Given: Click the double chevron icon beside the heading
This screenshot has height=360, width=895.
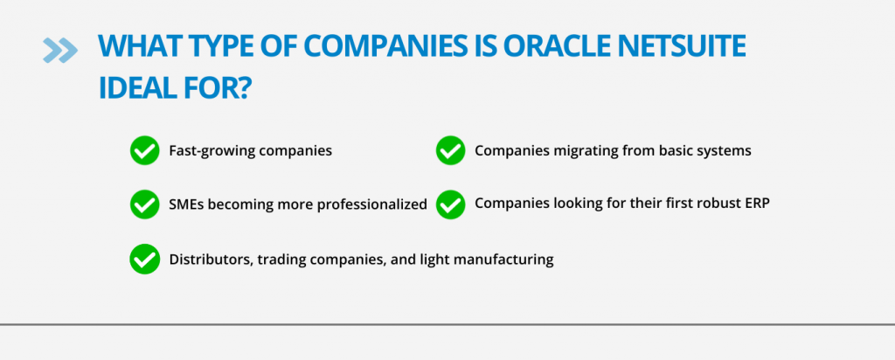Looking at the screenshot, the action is click(x=60, y=50).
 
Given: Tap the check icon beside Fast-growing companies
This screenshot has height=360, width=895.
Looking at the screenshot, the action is click(x=144, y=150).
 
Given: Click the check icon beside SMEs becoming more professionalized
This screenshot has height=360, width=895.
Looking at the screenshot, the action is click(x=144, y=204).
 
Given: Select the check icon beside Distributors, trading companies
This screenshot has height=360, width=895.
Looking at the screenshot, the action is click(x=144, y=259).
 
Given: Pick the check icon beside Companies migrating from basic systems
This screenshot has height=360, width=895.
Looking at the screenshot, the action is click(x=450, y=150).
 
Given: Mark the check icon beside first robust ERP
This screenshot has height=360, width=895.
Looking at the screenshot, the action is click(x=450, y=204).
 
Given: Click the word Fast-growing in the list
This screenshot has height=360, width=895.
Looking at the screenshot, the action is click(x=212, y=151).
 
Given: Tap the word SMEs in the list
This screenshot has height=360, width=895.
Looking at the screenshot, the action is click(x=186, y=204).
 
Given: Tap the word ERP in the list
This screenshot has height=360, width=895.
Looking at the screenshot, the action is click(x=758, y=203).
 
